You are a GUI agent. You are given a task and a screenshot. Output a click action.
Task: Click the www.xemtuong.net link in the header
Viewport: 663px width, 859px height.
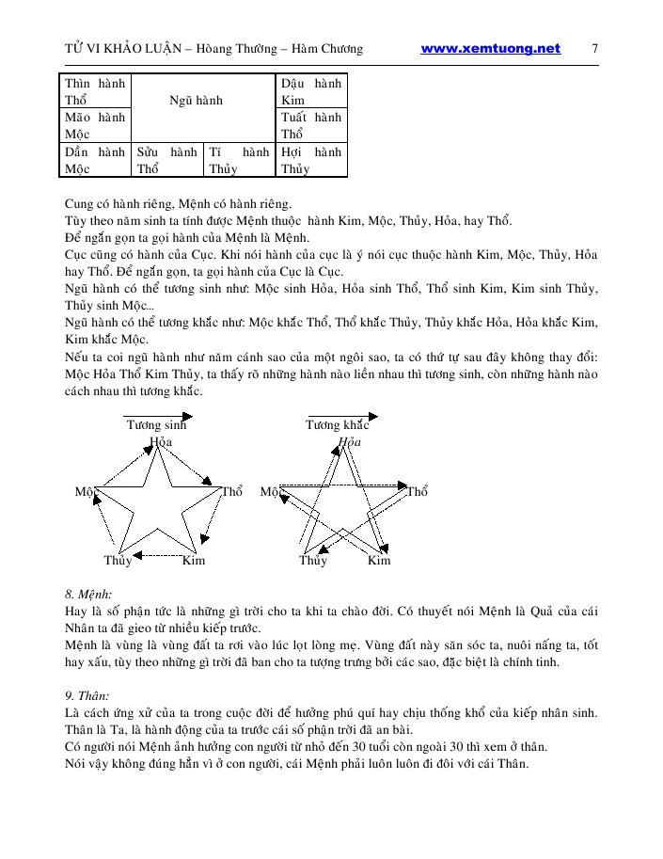[490, 49]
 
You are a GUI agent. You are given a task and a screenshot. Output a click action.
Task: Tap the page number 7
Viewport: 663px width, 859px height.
[595, 49]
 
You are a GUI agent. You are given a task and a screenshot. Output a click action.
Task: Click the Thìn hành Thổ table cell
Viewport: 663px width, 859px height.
[95, 91]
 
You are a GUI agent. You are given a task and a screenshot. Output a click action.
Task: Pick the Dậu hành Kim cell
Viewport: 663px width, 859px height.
[311, 91]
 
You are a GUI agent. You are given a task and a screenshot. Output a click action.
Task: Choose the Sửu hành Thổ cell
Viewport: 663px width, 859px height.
[167, 160]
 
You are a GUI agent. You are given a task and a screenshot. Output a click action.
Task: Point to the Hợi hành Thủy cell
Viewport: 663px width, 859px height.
[311, 160]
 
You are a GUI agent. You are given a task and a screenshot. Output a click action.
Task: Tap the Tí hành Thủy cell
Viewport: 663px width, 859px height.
[239, 160]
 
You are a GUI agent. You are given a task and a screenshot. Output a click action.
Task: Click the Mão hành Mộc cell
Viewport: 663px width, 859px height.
[95, 125]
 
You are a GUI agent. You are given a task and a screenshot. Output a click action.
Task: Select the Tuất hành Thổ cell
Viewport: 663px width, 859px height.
[311, 125]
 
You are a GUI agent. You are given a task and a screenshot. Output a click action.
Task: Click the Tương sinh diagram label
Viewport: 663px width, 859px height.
[157, 425]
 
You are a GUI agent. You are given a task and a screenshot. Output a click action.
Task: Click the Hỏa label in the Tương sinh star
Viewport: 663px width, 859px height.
[161, 441]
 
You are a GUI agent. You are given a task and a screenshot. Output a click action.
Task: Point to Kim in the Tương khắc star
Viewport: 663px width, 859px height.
[379, 561]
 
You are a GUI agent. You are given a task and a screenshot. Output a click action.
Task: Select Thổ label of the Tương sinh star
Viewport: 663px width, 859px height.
[232, 492]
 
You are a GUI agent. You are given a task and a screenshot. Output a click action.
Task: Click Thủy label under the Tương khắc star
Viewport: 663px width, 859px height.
[313, 561]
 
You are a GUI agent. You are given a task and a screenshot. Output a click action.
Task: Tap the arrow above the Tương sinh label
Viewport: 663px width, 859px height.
[158, 415]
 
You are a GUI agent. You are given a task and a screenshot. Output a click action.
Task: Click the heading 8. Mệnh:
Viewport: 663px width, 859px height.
[88, 595]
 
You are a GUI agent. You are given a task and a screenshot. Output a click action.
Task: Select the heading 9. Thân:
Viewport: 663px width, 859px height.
[88, 696]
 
